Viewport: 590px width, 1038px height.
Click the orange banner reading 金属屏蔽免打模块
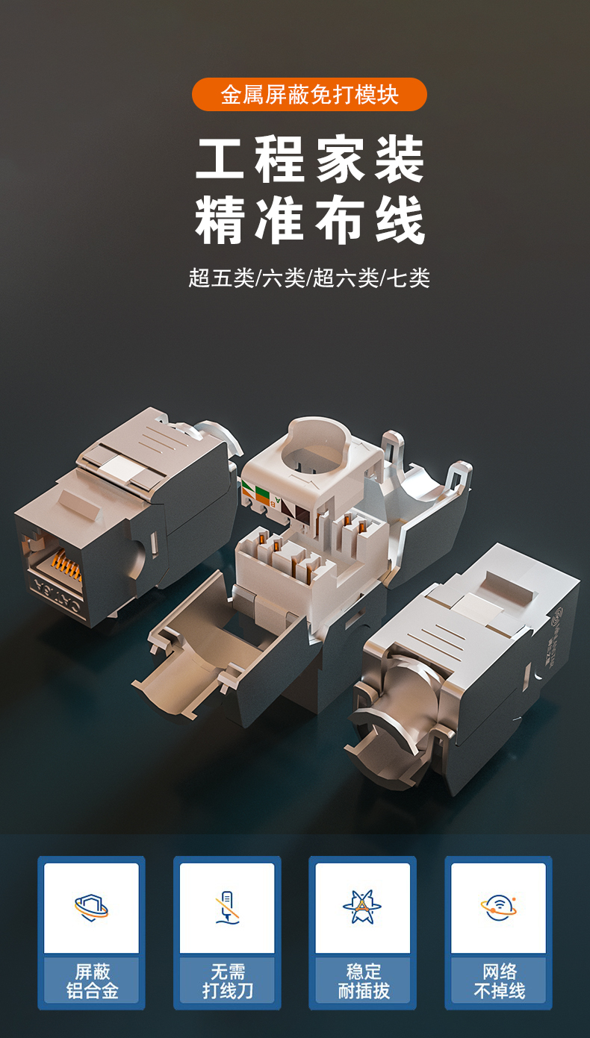click(309, 95)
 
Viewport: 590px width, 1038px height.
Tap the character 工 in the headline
click(220, 158)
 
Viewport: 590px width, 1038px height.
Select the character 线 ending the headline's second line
click(400, 219)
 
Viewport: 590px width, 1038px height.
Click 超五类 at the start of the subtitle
click(222, 278)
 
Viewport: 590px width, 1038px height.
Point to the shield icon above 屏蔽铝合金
click(91, 907)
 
